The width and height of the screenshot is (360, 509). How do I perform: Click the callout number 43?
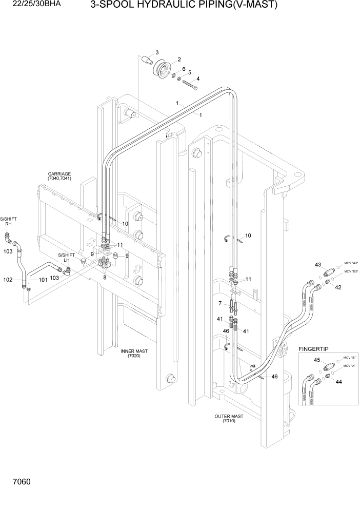(317, 265)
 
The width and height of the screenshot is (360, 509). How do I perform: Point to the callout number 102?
(8, 280)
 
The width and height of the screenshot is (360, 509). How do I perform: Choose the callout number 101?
(43, 280)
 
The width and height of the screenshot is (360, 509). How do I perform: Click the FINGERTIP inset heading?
(314, 349)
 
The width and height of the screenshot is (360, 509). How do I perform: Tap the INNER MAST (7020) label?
(134, 354)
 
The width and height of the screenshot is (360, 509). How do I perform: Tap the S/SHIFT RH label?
(8, 221)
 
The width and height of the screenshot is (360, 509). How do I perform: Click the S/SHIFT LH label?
(66, 258)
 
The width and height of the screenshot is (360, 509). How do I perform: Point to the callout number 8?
(106, 278)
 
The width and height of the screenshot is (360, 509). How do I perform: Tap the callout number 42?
(338, 287)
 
